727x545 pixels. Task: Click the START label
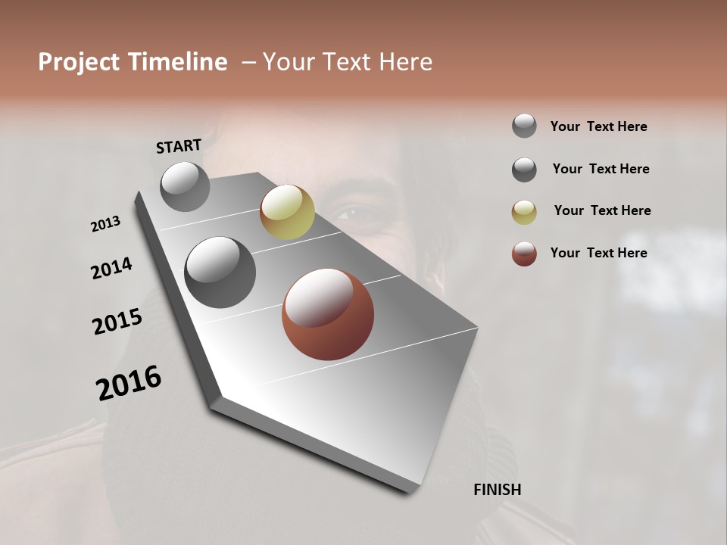[179, 146]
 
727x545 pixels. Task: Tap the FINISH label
[497, 490]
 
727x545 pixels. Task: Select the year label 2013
[106, 224]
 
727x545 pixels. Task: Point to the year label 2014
[112, 269]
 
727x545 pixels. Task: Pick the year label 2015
[117, 322]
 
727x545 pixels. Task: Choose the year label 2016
[129, 383]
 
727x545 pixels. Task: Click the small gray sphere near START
[186, 186]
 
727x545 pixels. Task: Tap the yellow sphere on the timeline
[287, 212]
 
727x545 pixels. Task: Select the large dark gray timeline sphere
[220, 272]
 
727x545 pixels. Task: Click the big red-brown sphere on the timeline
[328, 314]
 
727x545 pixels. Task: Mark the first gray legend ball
[524, 126]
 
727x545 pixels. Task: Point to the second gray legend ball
[524, 170]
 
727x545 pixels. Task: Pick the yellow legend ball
[524, 212]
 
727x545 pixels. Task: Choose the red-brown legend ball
[524, 254]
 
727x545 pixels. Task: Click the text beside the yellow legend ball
[602, 210]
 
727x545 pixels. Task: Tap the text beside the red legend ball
[598, 253]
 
